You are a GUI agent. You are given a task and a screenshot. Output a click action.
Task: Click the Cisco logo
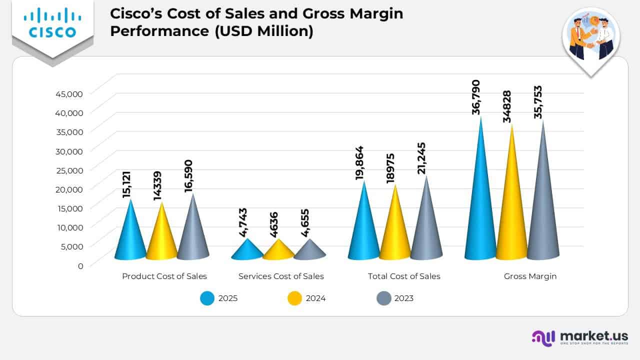(52, 24)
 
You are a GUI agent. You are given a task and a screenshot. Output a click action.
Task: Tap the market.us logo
(579, 337)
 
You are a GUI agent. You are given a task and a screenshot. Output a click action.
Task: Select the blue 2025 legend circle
(207, 298)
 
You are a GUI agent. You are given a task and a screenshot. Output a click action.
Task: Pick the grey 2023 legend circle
(383, 298)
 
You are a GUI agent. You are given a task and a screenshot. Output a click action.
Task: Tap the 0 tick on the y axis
(80, 265)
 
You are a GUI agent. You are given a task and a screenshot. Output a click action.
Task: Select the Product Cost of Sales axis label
(164, 276)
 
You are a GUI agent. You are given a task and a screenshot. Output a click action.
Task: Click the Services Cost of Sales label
(281, 276)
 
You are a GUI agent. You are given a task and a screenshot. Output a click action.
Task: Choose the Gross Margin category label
(530, 276)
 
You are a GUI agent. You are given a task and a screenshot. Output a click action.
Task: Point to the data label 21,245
(422, 158)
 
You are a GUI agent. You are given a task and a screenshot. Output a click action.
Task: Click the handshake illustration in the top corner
(590, 37)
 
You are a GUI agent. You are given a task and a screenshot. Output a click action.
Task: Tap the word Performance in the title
(154, 31)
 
